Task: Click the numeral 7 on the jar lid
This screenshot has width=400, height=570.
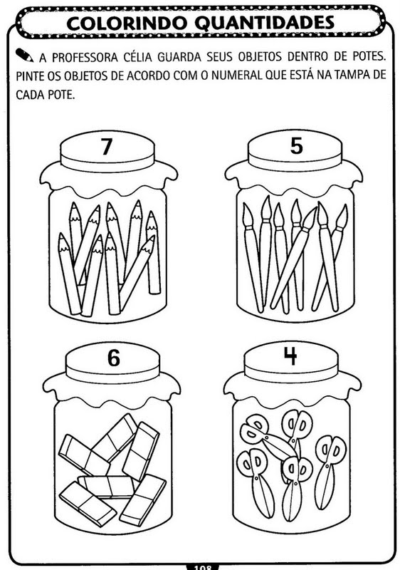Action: pos(106,147)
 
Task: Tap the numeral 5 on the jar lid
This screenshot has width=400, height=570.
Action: pos(297,146)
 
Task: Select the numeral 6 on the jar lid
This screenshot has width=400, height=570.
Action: pos(114,358)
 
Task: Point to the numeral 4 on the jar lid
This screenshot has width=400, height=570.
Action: pos(290,356)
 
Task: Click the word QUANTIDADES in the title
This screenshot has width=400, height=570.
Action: pos(265,23)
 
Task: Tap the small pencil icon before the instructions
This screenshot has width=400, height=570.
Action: pos(24,55)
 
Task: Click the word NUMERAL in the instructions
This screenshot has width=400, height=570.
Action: pos(237,76)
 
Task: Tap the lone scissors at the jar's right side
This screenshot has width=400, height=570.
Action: pos(330,472)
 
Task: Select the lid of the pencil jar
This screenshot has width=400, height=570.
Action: pos(107,152)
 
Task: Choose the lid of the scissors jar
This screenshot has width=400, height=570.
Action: pos(291,362)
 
